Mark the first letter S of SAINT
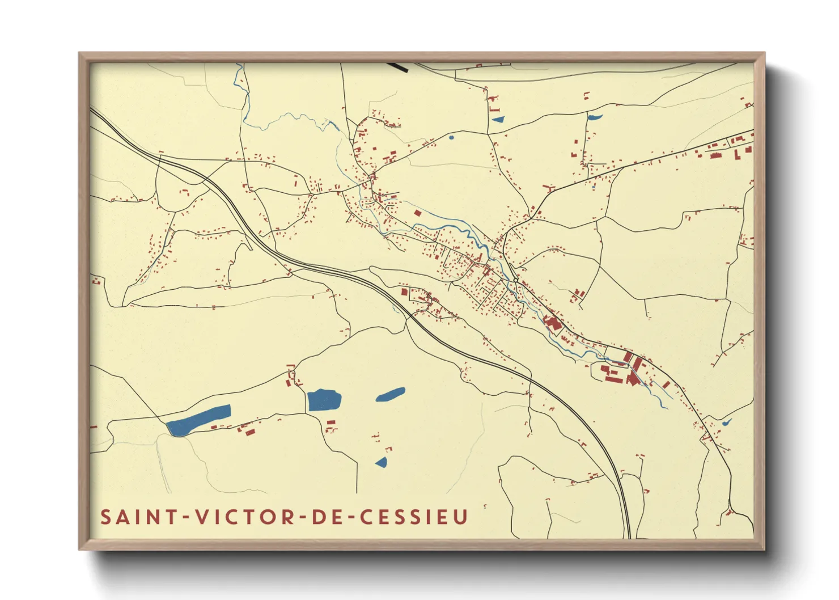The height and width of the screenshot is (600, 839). pyautogui.click(x=106, y=517)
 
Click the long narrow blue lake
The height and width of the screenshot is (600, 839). pyautogui.click(x=200, y=420)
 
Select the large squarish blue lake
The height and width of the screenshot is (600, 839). pyautogui.click(x=324, y=400)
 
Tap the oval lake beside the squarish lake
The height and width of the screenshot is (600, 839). pyautogui.click(x=391, y=394)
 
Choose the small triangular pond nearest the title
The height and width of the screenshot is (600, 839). pyautogui.click(x=382, y=462)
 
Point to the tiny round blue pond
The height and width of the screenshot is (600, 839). pyautogui.click(x=451, y=137)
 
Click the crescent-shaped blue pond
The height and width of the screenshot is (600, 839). pyautogui.click(x=594, y=117)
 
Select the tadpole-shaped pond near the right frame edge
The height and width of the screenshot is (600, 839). pyautogui.click(x=726, y=422)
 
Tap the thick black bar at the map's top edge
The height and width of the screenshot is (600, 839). pyautogui.click(x=399, y=66)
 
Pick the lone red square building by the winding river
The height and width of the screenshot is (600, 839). pyautogui.click(x=418, y=213)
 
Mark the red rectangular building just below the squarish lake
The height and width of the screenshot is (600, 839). pyautogui.click(x=330, y=422)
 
